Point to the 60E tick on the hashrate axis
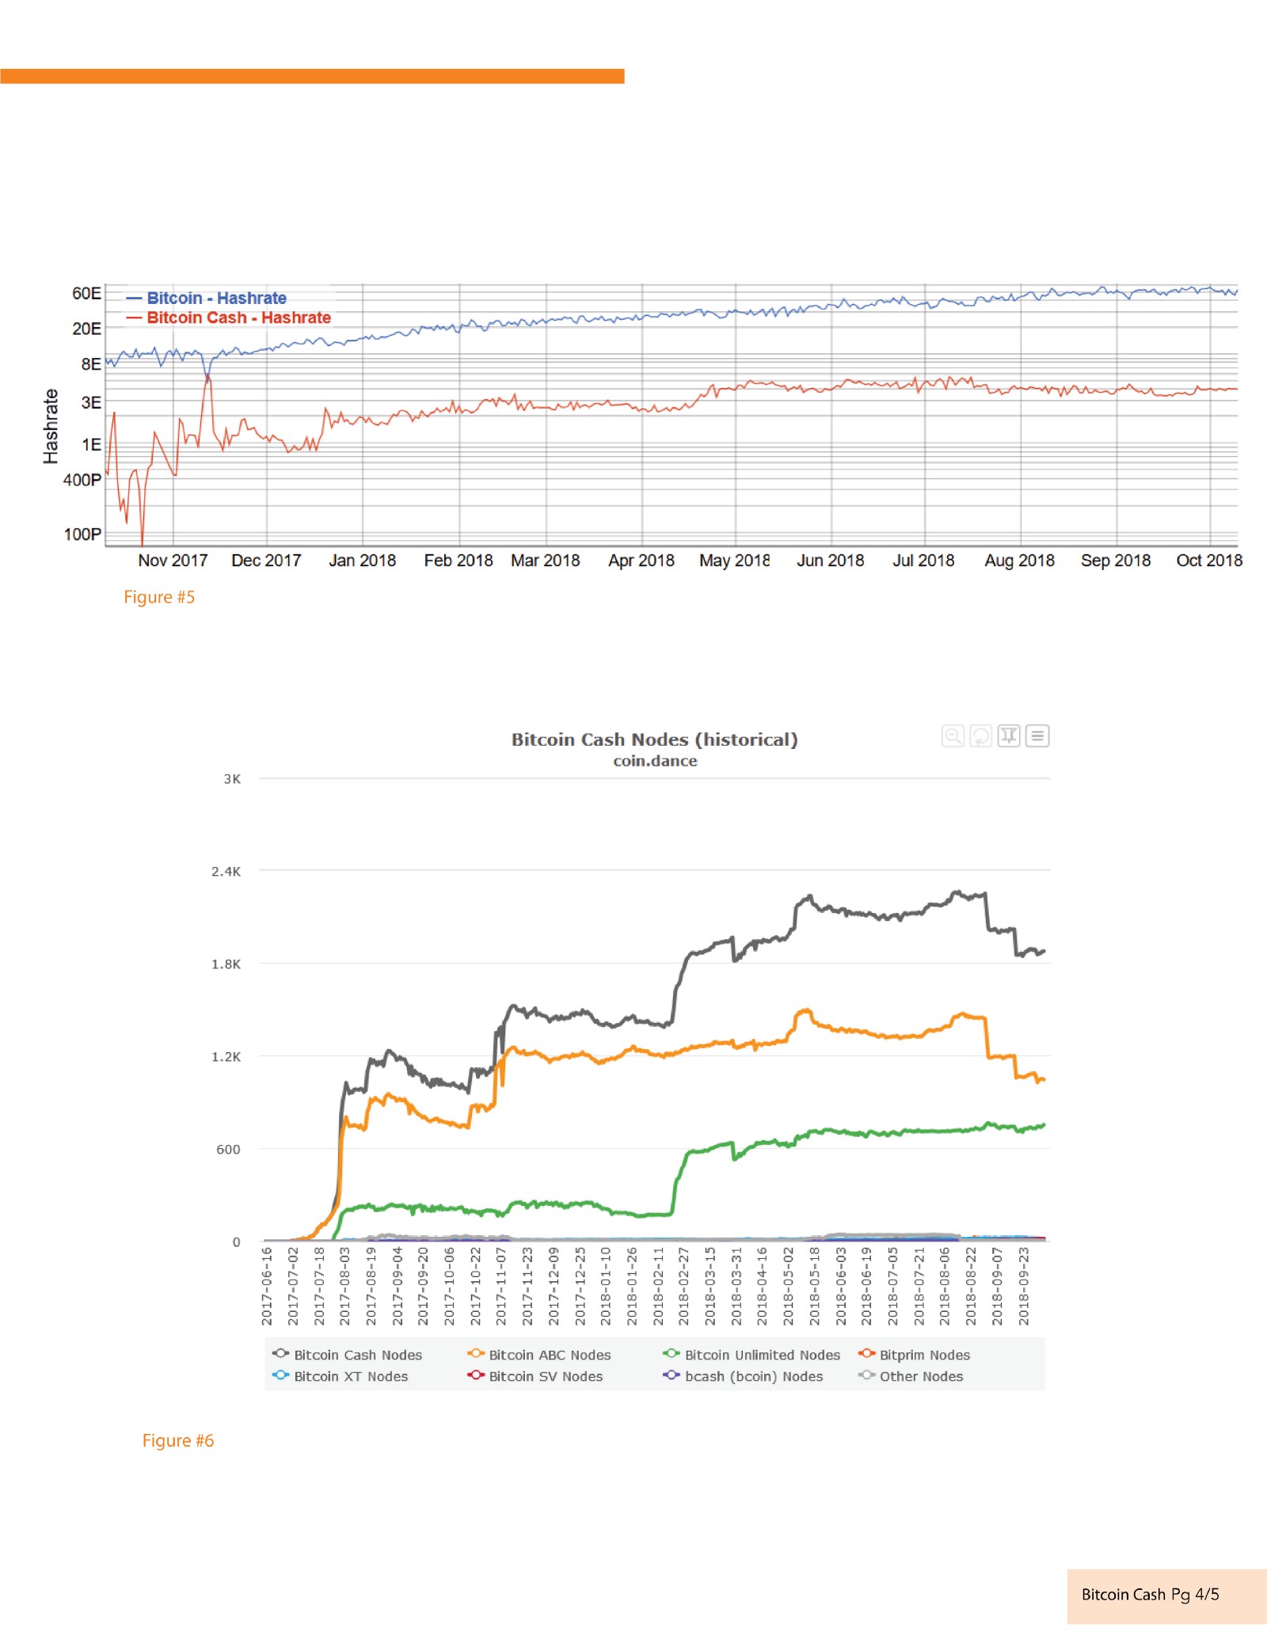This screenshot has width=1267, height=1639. [86, 293]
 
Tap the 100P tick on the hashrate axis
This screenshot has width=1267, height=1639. [82, 534]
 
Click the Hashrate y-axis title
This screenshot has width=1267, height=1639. [51, 426]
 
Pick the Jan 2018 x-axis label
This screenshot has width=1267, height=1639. [362, 561]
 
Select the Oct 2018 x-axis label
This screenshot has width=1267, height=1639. [1208, 561]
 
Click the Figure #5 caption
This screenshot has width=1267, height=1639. [159, 597]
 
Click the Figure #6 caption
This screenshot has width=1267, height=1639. [178, 1440]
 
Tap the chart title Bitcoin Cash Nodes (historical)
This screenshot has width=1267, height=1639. [654, 740]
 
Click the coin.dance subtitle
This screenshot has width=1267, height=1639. [655, 761]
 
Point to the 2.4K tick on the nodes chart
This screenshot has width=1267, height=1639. [226, 871]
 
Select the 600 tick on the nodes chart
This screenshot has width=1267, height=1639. [228, 1149]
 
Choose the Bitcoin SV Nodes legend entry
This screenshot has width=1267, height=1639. [546, 1376]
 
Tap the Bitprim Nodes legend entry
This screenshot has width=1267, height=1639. [924, 1355]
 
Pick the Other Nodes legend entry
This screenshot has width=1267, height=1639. [921, 1376]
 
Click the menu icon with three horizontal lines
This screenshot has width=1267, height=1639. [1037, 736]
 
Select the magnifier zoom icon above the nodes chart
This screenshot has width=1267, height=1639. [953, 736]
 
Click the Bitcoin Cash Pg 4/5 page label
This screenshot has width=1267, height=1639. [1150, 1595]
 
